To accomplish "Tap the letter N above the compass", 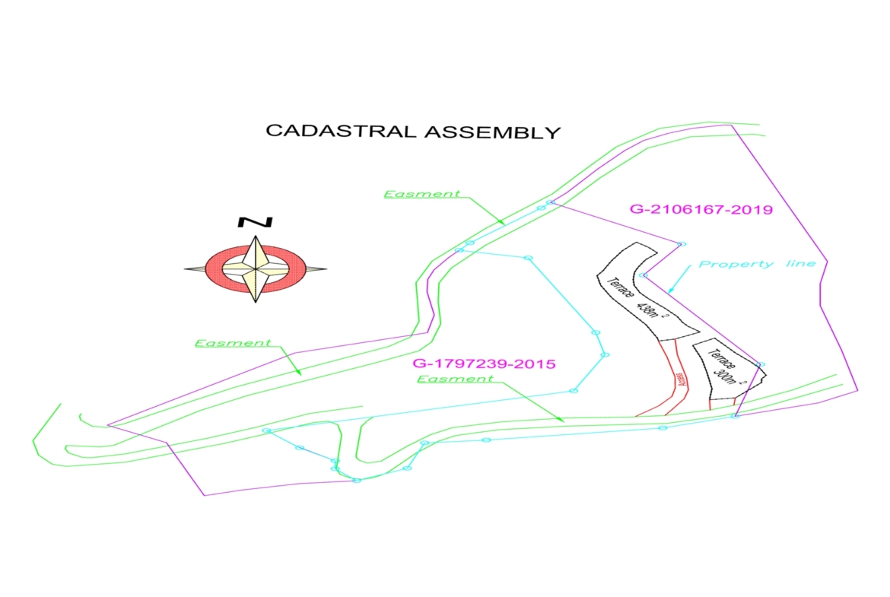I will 256,222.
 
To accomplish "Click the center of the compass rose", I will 256,269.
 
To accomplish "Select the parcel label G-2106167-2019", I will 701,209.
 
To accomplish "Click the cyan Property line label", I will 757,264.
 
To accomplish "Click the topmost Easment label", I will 421,194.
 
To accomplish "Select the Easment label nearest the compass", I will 233,343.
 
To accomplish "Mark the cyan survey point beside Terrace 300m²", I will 760,365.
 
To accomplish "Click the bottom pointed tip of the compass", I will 256,302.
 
